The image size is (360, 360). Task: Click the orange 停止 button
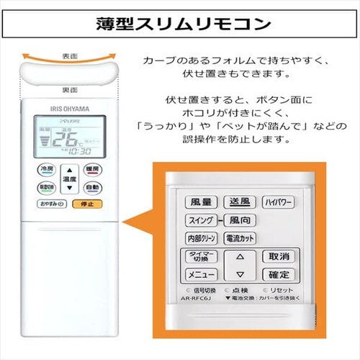click(87, 204)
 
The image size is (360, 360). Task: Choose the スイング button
click(199, 220)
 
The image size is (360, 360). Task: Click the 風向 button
click(239, 220)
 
